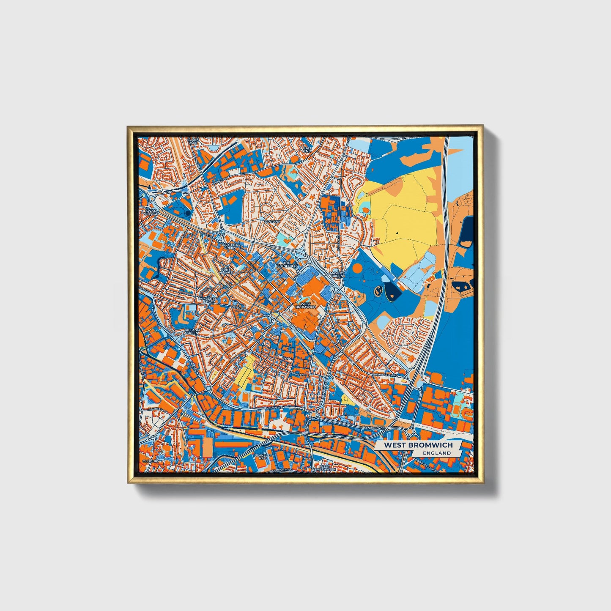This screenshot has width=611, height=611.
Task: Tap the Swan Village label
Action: click(151, 212)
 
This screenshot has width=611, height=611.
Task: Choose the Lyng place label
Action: click(288, 358)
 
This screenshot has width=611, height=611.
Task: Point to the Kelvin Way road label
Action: click(274, 407)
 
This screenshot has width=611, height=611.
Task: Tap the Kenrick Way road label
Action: click(374, 428)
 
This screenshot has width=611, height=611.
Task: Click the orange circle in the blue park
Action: click(357, 268)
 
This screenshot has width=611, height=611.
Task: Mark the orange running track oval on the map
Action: click(456, 410)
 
